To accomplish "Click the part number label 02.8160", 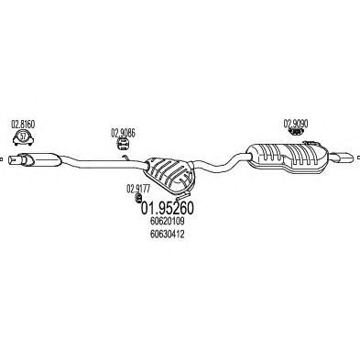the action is coord(23,125).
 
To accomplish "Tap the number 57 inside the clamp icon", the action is coord(23,136).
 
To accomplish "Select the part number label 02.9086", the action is coord(123,133).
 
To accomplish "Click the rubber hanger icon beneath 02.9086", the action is coord(123,144).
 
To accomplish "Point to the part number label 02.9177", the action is coord(138,189).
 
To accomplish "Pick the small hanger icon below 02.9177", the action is coord(137,198).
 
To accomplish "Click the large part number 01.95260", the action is coord(167,208).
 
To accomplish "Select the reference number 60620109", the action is coord(168,221).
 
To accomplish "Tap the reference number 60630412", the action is coord(168,235).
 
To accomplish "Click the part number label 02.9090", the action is coord(296,124).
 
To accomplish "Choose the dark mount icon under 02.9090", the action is coord(296,132).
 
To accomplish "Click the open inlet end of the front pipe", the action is coord(11,159).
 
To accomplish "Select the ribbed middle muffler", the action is coord(169,173).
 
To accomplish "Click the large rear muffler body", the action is coord(288,158).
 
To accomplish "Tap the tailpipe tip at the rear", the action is coord(344,158).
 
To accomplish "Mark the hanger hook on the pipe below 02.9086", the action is coord(125,158).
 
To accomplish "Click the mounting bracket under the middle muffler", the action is coord(184,194).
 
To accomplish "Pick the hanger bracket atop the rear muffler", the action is coord(311,143).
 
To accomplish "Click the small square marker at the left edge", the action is coord(1,158).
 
